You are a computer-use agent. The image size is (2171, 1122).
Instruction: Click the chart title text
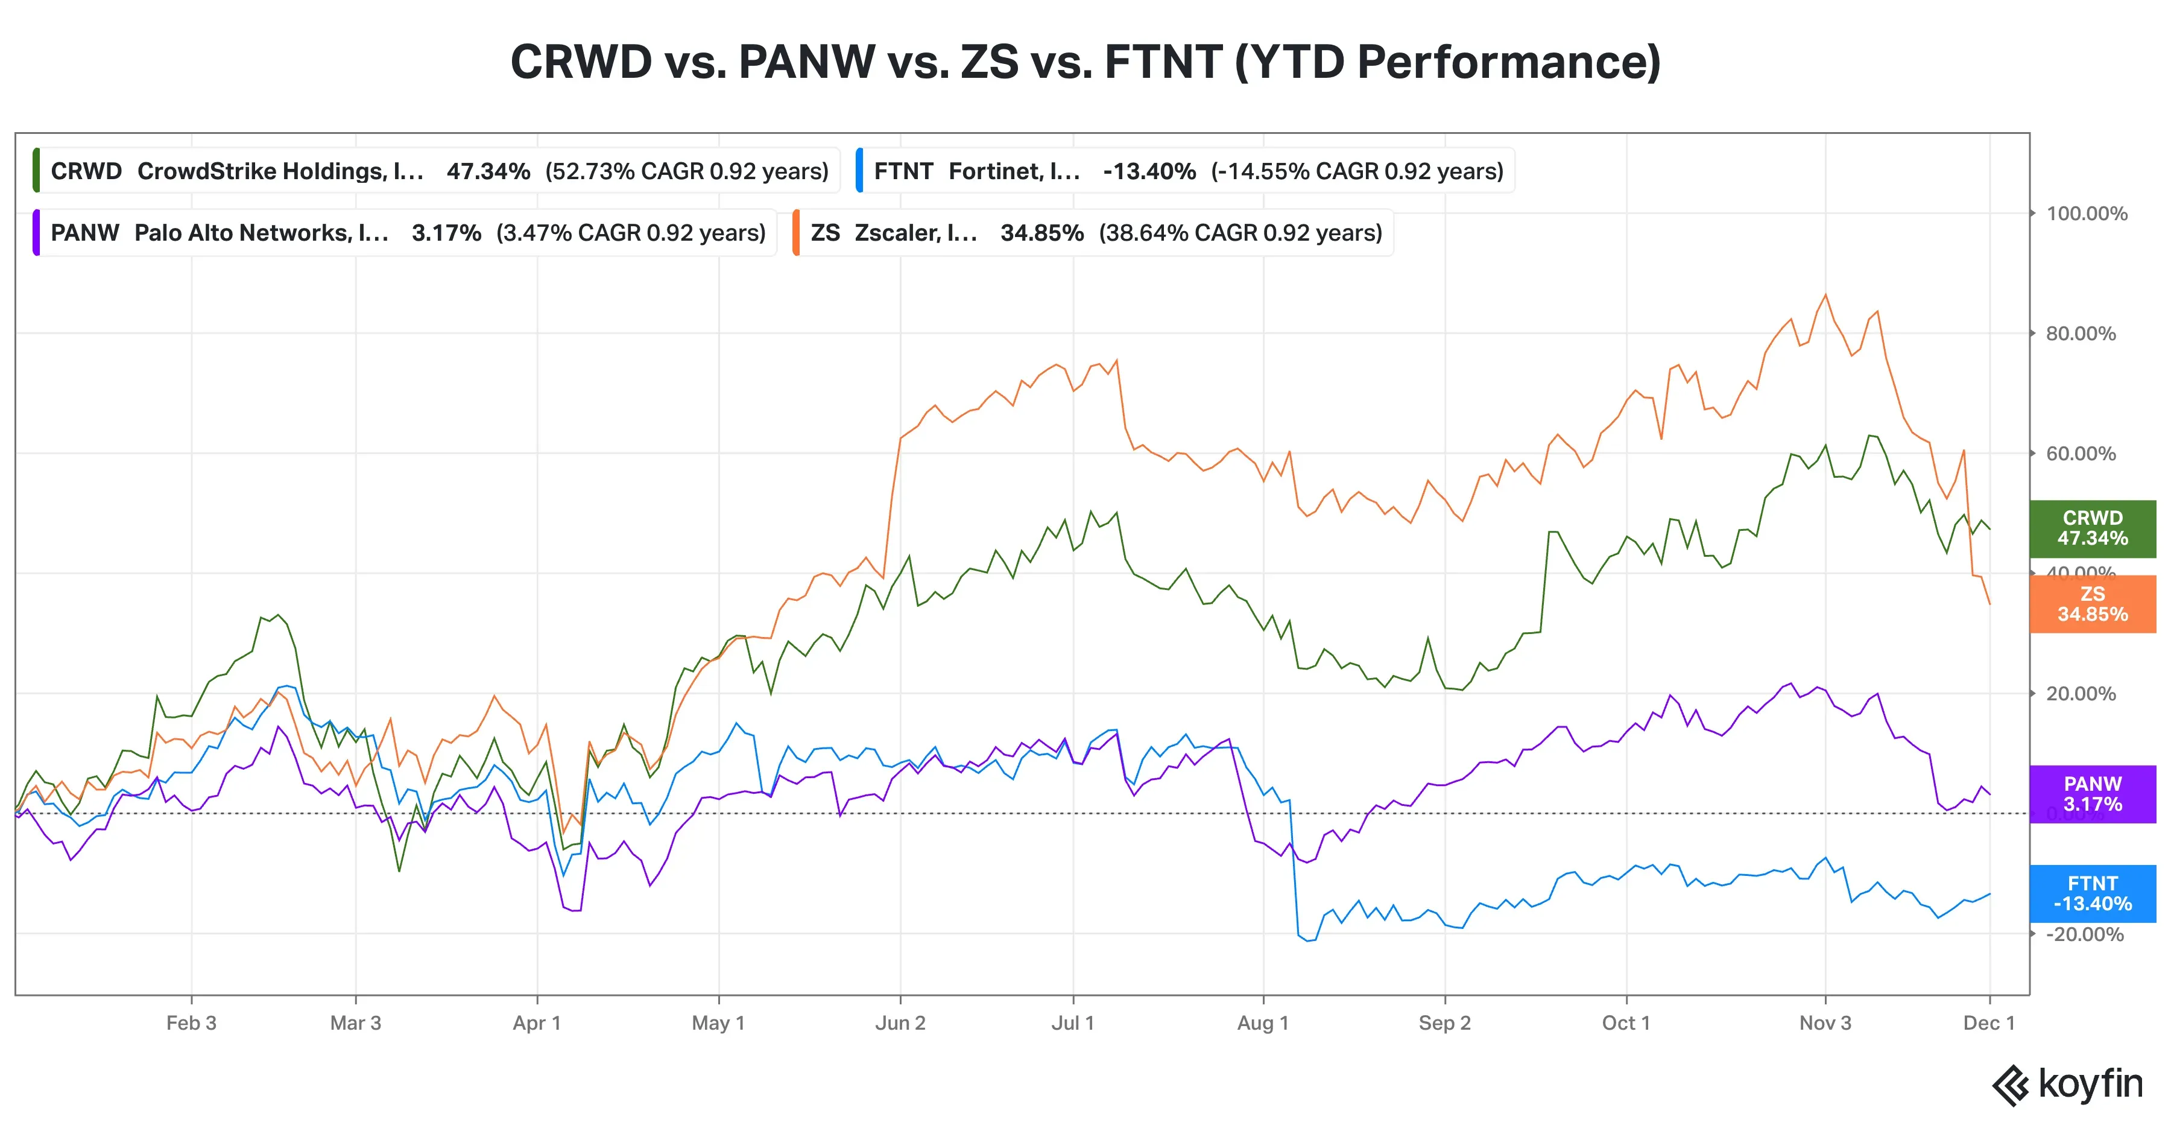[1085, 62]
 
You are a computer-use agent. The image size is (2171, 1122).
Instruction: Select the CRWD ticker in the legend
[86, 171]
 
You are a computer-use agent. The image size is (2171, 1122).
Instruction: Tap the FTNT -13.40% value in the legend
[1149, 171]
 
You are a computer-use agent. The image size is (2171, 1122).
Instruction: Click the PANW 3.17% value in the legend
[446, 233]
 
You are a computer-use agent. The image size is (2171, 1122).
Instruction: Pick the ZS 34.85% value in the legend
[1041, 233]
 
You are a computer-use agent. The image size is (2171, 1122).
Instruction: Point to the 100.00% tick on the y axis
[2086, 214]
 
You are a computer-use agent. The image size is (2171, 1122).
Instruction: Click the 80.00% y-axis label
[2080, 334]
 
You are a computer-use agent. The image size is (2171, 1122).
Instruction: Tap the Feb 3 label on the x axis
[191, 1022]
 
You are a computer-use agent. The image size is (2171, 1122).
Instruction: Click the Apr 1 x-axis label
[537, 1022]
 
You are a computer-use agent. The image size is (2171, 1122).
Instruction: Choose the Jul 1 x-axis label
[1072, 1022]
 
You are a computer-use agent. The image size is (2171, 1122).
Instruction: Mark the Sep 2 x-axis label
[1444, 1022]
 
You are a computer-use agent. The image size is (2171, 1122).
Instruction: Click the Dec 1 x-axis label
[1988, 1022]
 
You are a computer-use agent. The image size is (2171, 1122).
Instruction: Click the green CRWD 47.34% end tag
[2092, 528]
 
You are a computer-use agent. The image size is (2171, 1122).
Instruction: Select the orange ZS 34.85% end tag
[2092, 604]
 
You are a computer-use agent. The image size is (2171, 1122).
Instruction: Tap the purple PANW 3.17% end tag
[2092, 794]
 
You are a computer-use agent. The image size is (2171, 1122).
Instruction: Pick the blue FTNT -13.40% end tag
[2092, 893]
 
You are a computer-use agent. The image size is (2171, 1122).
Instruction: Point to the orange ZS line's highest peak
[1825, 294]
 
